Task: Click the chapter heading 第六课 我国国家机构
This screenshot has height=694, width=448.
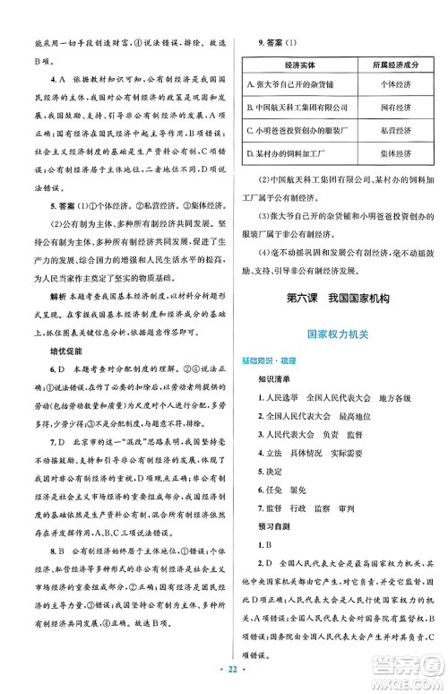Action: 335,299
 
